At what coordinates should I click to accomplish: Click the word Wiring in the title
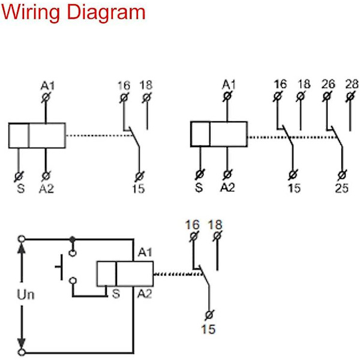coord(31,13)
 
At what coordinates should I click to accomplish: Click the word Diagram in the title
coord(106,13)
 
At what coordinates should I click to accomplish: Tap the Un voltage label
coord(26,295)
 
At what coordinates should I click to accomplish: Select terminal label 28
coord(352,84)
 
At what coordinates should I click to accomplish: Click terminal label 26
coord(328,84)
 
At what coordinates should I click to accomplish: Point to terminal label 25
coord(342,188)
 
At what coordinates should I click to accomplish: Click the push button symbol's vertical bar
coord(61,267)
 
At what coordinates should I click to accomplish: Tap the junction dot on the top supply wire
coord(73,239)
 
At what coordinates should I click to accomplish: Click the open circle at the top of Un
coord(22,239)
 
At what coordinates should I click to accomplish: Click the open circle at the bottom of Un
coord(22,352)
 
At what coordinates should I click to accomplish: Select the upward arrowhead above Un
coord(22,248)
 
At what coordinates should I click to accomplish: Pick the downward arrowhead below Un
coord(22,343)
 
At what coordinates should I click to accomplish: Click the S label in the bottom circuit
coord(116,293)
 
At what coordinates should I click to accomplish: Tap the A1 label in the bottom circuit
coord(145,253)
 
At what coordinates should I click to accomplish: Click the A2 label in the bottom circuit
coord(145,293)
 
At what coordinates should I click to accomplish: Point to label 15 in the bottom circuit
coord(208,329)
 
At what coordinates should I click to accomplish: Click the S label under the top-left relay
coord(20,189)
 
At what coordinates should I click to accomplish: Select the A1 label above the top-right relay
coord(229,85)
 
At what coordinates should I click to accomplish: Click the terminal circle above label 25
coord(342,175)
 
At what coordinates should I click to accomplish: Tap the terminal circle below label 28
coord(350,97)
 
